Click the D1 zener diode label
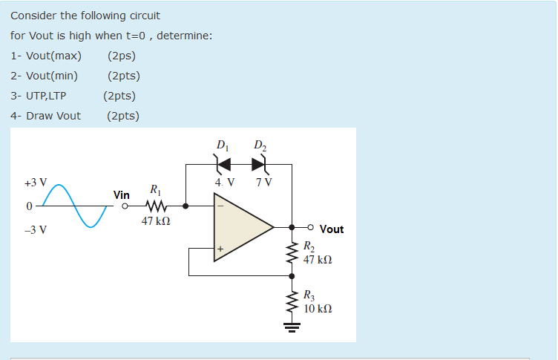222,144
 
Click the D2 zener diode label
258,144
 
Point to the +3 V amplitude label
35,182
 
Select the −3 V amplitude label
35,230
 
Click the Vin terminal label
122,194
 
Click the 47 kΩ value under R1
156,220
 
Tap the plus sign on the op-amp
220,250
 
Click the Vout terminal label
331,229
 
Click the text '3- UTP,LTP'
38,95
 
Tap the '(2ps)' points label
121,56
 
